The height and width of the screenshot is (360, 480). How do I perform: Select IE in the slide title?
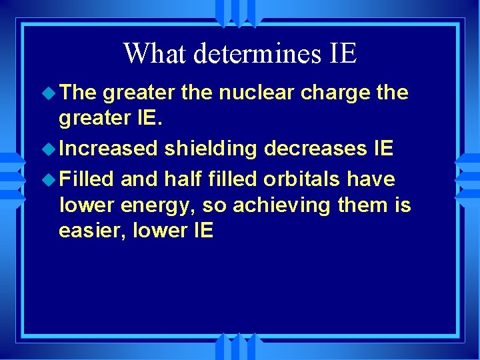coord(343,53)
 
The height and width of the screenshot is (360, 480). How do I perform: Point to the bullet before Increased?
coord(50,149)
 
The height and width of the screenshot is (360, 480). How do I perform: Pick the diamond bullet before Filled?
coord(50,179)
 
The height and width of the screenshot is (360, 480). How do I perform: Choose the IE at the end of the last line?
coord(202,231)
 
